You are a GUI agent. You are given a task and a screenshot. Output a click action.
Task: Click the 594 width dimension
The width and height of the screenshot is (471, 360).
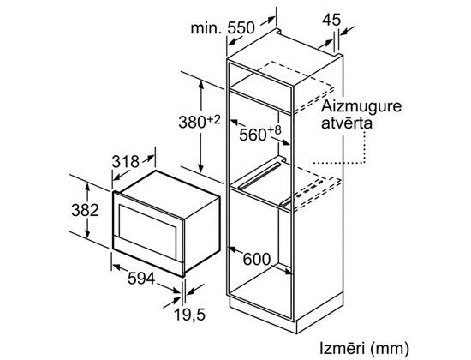141,279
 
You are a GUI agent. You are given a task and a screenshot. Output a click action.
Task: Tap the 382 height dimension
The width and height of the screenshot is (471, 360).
85,210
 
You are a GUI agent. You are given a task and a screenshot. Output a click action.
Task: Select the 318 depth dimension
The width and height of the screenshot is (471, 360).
126,162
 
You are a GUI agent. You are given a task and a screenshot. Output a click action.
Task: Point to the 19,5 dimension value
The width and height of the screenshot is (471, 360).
189,315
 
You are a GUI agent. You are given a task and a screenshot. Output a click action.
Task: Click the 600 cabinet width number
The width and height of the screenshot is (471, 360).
257,259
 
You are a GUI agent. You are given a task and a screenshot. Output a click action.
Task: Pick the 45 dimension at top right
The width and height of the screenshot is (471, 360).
331,21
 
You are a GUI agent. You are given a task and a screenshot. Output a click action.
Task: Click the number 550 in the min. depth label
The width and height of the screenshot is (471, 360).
241,28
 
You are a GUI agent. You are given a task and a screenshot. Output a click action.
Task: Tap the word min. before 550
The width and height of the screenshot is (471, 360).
206,28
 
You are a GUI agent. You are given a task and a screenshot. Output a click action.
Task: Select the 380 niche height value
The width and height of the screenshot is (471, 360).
192,122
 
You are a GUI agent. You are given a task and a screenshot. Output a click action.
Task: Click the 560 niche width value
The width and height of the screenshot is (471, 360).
253,135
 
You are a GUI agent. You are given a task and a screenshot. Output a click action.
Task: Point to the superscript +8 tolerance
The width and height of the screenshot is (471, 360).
274,130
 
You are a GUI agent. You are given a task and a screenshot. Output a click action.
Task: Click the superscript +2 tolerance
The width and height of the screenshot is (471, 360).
213,120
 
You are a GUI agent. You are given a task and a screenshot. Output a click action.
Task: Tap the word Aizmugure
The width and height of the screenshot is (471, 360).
361,107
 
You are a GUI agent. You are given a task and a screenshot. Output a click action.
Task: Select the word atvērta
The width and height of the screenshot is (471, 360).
347,123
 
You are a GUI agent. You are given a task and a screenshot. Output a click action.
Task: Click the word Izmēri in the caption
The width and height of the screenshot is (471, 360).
343,348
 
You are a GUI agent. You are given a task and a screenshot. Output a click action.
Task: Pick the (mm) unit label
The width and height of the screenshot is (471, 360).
390,349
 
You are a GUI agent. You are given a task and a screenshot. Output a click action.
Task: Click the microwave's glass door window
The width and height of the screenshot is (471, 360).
147,228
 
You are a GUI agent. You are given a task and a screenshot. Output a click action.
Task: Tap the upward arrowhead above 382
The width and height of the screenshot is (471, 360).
87,187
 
